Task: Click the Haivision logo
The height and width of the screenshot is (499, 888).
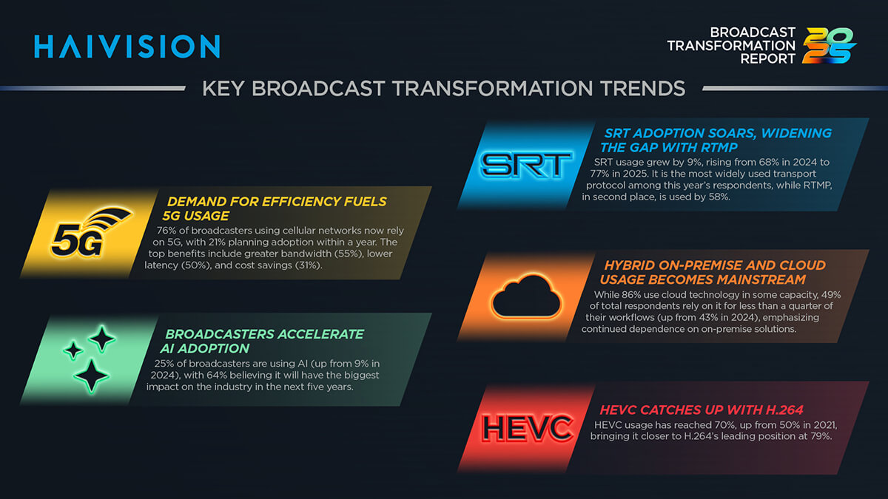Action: [x=127, y=47]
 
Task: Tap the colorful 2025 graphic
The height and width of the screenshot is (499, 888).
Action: [x=829, y=46]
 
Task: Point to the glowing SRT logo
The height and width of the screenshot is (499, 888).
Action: [x=526, y=164]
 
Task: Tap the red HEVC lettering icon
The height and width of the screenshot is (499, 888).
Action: [x=527, y=428]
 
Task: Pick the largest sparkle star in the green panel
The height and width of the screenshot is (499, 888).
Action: [x=92, y=376]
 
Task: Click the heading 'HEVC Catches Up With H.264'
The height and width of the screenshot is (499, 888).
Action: [x=702, y=410]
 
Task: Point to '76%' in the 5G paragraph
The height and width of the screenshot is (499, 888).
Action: [x=166, y=231]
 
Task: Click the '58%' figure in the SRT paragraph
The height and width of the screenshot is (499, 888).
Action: [x=719, y=197]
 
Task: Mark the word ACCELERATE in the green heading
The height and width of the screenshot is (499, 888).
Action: [x=320, y=334]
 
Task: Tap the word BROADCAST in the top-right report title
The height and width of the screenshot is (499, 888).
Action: [x=753, y=32]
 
